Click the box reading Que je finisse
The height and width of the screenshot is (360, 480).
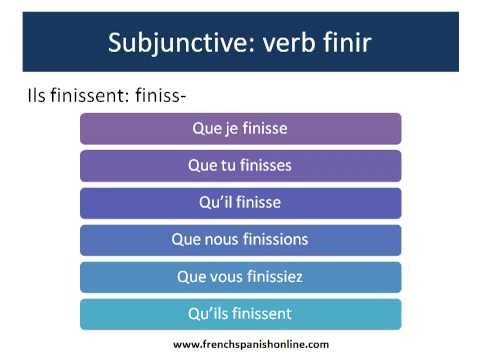pos(240,128)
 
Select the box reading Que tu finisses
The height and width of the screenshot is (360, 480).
pos(240,165)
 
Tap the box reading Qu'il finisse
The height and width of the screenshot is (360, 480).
pos(240,202)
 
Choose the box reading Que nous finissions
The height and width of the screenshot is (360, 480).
pos(240,240)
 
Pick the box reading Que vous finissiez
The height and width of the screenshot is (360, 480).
pos(240,277)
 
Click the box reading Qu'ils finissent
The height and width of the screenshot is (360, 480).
pos(240,314)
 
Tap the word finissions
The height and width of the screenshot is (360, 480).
pos(273,240)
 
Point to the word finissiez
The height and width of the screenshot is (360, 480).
pos(273,277)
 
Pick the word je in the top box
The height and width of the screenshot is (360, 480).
pos(226,128)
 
